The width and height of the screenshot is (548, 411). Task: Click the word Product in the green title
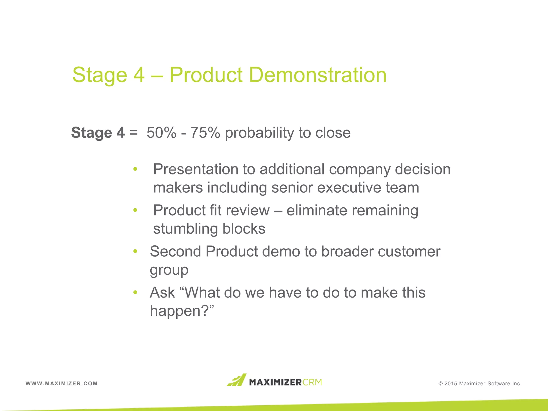pos(206,75)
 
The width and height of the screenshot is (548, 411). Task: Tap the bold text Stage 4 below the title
pos(98,133)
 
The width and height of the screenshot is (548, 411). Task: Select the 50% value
pos(161,133)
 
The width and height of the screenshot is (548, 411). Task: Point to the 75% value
pos(205,133)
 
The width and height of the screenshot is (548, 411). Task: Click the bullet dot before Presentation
pos(135,169)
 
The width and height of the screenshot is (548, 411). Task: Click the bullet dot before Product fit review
pos(135,210)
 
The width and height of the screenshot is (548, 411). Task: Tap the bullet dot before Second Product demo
pos(135,251)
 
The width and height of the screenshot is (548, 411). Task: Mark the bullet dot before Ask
pos(135,292)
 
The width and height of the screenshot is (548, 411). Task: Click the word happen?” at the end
pos(182,311)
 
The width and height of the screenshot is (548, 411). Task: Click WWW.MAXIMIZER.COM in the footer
pos(62,383)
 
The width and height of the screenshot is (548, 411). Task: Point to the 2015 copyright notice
pos(480,383)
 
